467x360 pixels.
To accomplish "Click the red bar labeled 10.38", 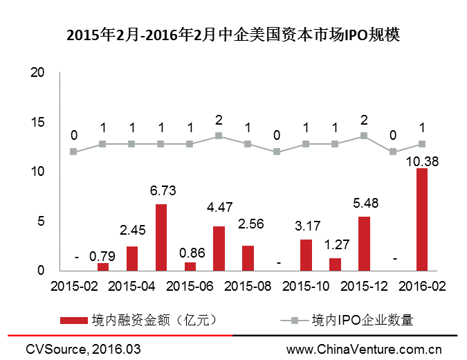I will pos(421,219).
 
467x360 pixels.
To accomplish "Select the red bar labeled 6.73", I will pos(161,237).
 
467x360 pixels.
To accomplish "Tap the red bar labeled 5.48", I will pos(364,243).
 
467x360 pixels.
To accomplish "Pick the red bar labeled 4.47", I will pos(219,248).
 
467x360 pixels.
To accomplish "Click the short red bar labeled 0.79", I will pos(103,267).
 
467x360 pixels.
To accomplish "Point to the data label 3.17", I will pos(306,226).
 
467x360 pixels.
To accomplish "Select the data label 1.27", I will pos(335,244).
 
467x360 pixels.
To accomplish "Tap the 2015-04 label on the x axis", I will pos(131,285).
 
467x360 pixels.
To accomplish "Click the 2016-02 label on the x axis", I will pos(421,285).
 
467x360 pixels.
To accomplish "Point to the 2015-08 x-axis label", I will pos(248,285).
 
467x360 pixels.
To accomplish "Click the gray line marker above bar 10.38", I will pos(421,144).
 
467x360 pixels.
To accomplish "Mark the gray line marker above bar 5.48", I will pos(364,136).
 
